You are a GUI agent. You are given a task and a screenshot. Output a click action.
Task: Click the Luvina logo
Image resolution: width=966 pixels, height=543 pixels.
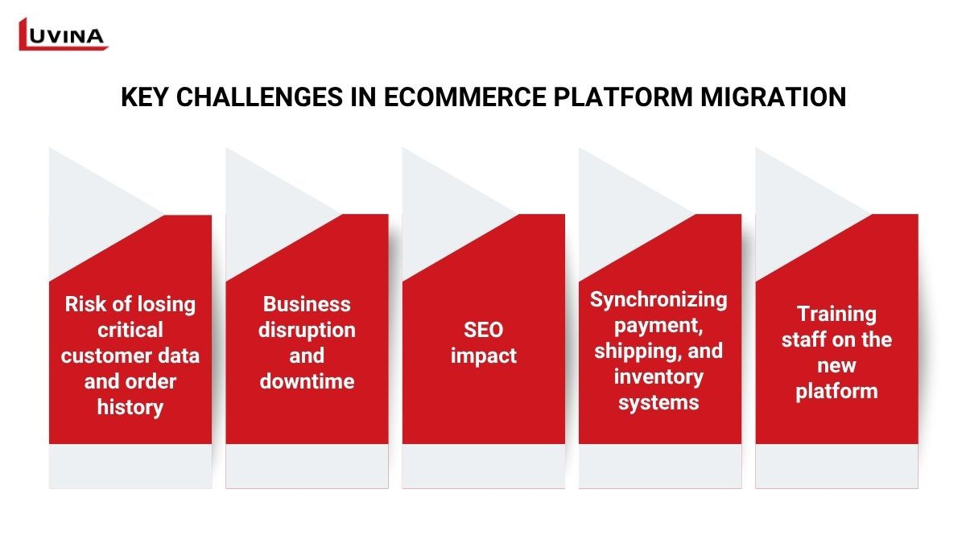pos(63,35)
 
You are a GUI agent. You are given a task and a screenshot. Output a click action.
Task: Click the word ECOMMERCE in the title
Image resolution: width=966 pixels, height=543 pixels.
pos(465,97)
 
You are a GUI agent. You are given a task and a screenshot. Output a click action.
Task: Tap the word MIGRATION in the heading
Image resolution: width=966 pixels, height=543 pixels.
pos(774,97)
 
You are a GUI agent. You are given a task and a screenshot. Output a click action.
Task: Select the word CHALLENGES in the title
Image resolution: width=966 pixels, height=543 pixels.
pos(259,97)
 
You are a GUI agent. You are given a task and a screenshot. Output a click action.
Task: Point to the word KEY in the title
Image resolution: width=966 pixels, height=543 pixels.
pos(144,97)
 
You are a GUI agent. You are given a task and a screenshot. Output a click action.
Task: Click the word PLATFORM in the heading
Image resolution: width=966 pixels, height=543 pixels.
pos(623,97)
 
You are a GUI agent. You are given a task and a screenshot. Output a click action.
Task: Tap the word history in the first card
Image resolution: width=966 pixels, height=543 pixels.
pos(130,408)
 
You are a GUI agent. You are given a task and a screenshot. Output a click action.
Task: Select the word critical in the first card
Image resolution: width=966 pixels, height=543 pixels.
pos(130,330)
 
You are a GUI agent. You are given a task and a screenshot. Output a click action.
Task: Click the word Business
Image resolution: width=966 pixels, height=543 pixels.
pos(307,304)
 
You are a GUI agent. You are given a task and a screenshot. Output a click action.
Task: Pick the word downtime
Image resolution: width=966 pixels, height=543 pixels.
pos(307,381)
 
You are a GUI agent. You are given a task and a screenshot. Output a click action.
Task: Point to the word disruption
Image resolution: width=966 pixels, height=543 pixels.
pos(307,331)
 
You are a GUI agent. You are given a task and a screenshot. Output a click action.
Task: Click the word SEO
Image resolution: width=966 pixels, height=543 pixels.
pos(484,330)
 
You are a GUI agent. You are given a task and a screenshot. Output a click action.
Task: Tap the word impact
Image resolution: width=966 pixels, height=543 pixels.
pos(484,356)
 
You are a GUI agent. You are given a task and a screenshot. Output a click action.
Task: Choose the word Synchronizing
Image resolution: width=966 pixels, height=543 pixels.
pos(658,300)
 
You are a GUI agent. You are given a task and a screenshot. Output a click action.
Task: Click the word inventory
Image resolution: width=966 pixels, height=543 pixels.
pos(658,377)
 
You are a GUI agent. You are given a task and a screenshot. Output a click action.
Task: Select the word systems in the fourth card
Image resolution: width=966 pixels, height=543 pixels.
pos(658,403)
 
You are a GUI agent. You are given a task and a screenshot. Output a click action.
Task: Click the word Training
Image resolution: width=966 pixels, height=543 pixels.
pos(836,315)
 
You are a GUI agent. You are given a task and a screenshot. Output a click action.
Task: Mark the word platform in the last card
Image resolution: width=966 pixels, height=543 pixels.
pos(836,392)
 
